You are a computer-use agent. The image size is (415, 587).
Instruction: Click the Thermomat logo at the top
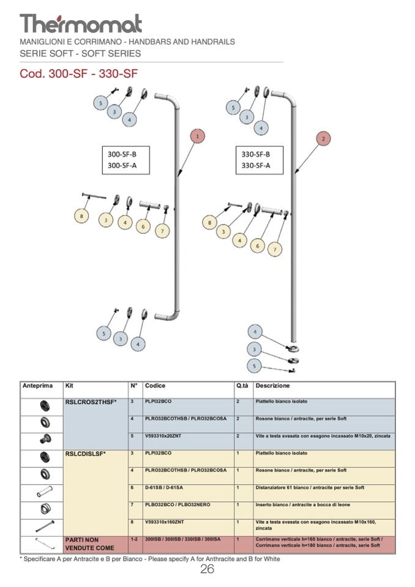pos(81,23)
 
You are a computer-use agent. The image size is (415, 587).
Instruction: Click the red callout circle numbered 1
pos(197,136)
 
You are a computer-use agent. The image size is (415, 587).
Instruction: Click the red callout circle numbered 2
pos(324,138)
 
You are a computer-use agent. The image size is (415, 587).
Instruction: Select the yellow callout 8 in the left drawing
pos(81,215)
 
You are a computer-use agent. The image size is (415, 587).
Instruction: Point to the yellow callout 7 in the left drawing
pos(162,231)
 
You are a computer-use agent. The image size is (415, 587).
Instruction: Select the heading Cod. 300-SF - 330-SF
pos(79,74)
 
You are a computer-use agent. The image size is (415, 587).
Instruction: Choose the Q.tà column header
pos(242,386)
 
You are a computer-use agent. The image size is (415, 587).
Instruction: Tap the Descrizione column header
pos(272,386)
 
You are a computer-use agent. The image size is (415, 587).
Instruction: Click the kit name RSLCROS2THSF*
pos(91,402)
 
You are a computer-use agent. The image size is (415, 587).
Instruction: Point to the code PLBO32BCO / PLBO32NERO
pos(177,504)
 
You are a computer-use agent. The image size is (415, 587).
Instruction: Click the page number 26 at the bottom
pos(207,570)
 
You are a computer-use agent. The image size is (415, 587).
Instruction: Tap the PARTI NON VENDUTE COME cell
pos(89,544)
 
